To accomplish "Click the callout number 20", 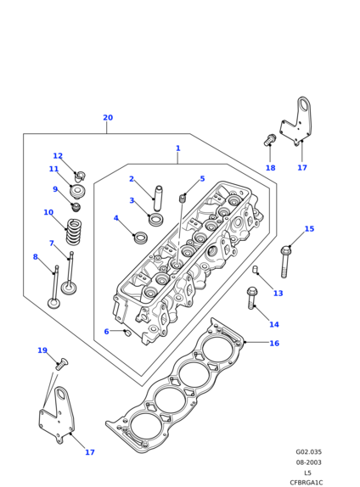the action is (108, 118).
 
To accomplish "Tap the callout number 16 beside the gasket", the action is (274, 344).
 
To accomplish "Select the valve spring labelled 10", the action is (74, 232).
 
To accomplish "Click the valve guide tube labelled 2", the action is (158, 199).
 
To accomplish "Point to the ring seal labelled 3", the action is (156, 219).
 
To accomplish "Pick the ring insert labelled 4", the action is (141, 238).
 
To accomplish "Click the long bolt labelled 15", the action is (285, 261).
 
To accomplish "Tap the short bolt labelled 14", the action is (252, 298).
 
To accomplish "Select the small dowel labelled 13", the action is (255, 269).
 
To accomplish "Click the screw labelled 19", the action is (61, 364).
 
